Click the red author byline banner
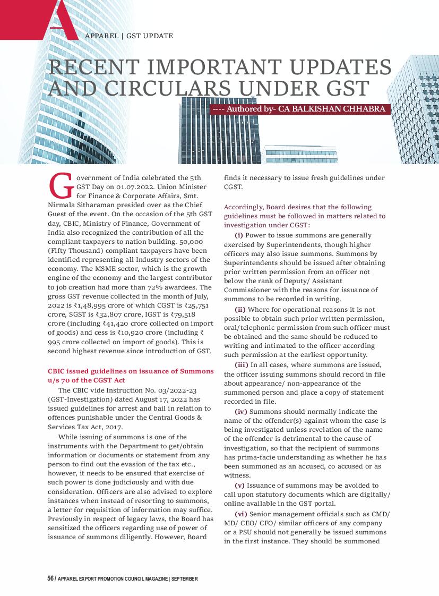300,109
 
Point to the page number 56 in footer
50,578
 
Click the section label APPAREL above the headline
101,36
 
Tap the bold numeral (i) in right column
239,235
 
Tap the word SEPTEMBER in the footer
185,578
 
